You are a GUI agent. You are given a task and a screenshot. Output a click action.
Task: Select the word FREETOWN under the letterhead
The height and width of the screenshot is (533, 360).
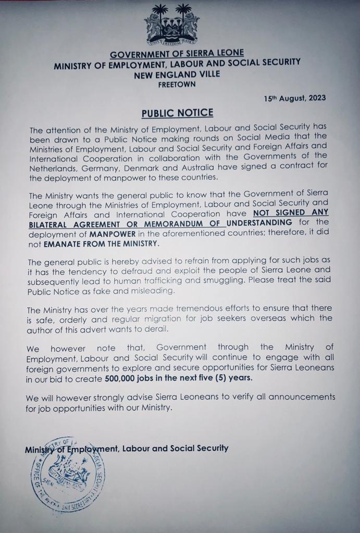tap(177, 84)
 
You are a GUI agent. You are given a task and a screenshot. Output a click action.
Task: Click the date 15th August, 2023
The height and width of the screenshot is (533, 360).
tap(295, 98)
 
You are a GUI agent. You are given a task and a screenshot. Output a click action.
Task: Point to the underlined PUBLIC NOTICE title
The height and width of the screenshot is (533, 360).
tap(177, 113)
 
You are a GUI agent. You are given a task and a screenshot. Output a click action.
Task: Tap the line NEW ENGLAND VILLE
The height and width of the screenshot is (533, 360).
tap(177, 73)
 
